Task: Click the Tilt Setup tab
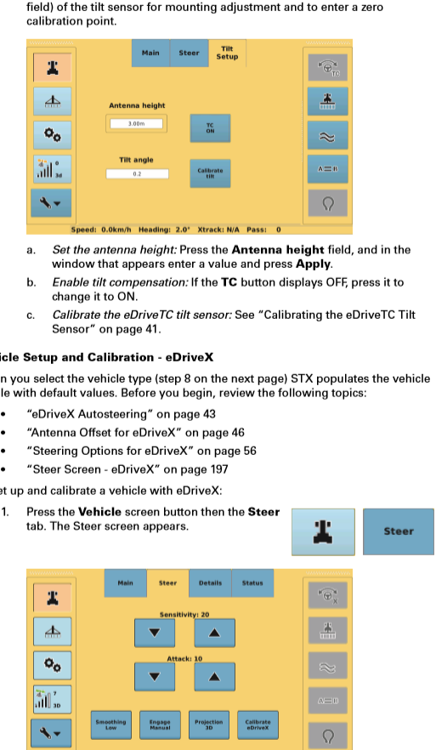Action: click(x=227, y=53)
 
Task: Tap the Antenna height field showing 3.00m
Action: click(x=136, y=124)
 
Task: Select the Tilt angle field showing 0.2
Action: click(x=136, y=173)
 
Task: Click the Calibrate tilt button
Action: click(x=210, y=173)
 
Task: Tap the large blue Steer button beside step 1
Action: click(x=398, y=531)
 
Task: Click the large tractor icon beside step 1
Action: click(x=322, y=531)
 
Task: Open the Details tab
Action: click(x=210, y=583)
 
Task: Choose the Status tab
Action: click(x=252, y=583)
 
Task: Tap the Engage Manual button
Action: click(x=160, y=724)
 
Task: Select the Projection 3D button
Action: click(x=208, y=724)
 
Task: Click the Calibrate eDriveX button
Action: click(x=257, y=724)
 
